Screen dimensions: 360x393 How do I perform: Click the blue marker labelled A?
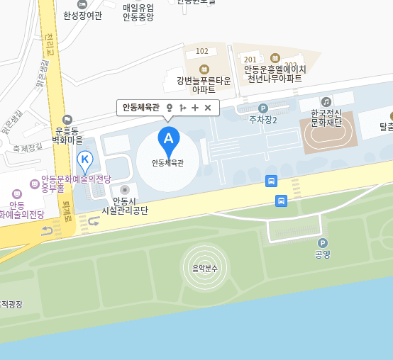click(168, 138)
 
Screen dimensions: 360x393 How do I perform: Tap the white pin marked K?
click(85, 159)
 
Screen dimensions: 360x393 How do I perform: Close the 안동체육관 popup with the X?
click(208, 108)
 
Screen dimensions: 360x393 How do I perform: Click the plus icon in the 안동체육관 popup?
click(195, 108)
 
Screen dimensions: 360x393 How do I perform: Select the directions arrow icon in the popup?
click(182, 108)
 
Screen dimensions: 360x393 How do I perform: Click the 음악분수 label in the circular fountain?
click(205, 268)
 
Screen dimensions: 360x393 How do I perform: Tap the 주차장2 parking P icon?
click(262, 108)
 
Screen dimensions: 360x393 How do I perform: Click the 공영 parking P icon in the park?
click(323, 243)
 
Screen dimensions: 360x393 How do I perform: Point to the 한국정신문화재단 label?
click(326, 118)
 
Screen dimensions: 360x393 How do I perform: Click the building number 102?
click(202, 51)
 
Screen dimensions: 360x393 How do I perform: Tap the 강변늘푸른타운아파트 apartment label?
click(204, 85)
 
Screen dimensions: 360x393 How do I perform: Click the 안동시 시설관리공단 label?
click(125, 206)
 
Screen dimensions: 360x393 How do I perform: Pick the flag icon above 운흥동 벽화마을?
click(67, 120)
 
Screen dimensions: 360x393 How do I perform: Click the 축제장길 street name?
click(27, 147)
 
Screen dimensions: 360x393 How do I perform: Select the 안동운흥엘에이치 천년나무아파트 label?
click(275, 74)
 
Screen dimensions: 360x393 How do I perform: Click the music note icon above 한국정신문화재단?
click(326, 102)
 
